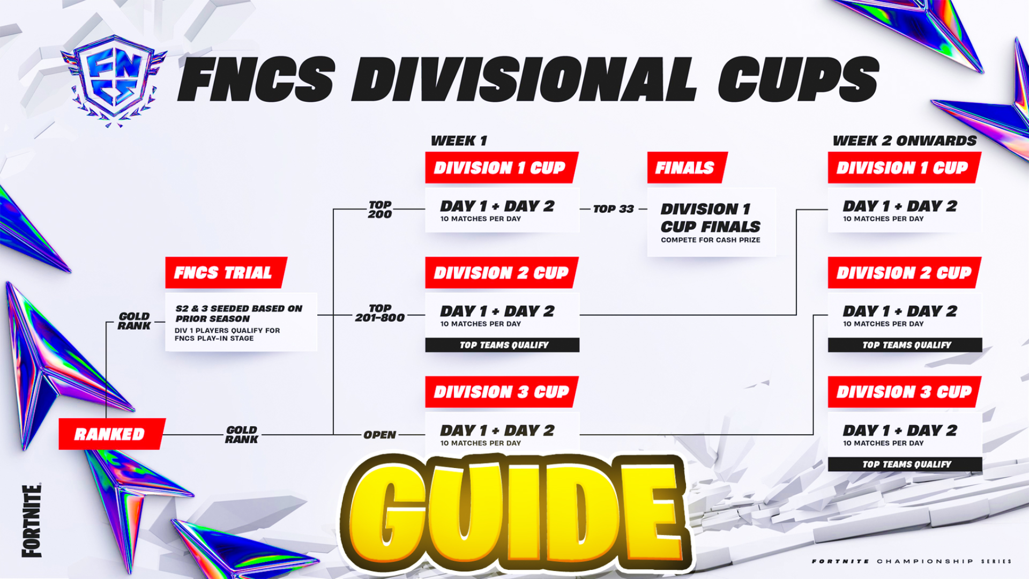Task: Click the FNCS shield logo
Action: coord(114,80)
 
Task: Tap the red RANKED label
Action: coord(111,434)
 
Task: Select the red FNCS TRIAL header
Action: coord(226,272)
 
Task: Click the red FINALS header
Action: coord(687,168)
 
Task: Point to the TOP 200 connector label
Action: coord(380,209)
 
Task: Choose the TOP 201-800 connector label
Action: coord(380,313)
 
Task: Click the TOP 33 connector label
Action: coord(614,209)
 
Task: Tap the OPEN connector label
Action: coord(380,435)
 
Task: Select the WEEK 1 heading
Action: coord(459,141)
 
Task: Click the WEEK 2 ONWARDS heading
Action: coord(905,141)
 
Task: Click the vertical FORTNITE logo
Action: coord(32,521)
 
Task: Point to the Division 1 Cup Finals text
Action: coord(711,218)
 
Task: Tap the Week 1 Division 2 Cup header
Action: coord(502,272)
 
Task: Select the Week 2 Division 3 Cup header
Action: coord(905,392)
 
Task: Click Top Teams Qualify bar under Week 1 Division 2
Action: coord(502,345)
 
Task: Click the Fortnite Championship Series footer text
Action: coord(912,561)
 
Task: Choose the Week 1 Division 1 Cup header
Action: coord(502,168)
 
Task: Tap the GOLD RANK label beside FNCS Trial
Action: coord(134,321)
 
